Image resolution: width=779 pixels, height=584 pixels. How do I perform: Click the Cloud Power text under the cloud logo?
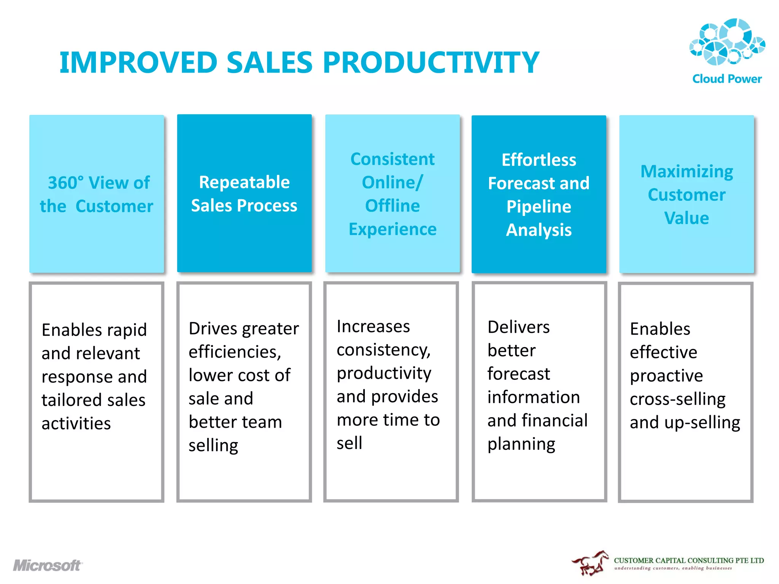pyautogui.click(x=727, y=79)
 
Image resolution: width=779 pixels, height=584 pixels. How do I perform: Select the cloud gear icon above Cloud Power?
pyautogui.click(x=727, y=42)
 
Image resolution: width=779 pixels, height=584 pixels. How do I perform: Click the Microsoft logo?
pyautogui.click(x=48, y=565)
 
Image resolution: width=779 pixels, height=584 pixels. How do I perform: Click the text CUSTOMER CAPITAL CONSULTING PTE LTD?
pyautogui.click(x=688, y=560)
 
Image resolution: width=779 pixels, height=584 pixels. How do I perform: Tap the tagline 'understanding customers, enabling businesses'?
pyautogui.click(x=673, y=568)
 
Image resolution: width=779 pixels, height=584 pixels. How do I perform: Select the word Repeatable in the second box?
pyautogui.click(x=244, y=182)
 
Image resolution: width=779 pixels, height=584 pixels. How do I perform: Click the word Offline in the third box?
pyautogui.click(x=392, y=206)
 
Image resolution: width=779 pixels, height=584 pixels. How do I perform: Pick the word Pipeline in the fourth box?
pyautogui.click(x=539, y=207)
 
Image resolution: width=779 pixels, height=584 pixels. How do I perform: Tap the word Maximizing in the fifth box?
pyautogui.click(x=687, y=171)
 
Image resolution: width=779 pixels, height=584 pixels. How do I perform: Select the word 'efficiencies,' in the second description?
pyautogui.click(x=235, y=352)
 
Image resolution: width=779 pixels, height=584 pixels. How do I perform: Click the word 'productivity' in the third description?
pyautogui.click(x=384, y=373)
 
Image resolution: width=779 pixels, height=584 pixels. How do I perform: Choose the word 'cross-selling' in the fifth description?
pyautogui.click(x=677, y=399)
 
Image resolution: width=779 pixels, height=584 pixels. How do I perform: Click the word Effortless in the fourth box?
pyautogui.click(x=539, y=160)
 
